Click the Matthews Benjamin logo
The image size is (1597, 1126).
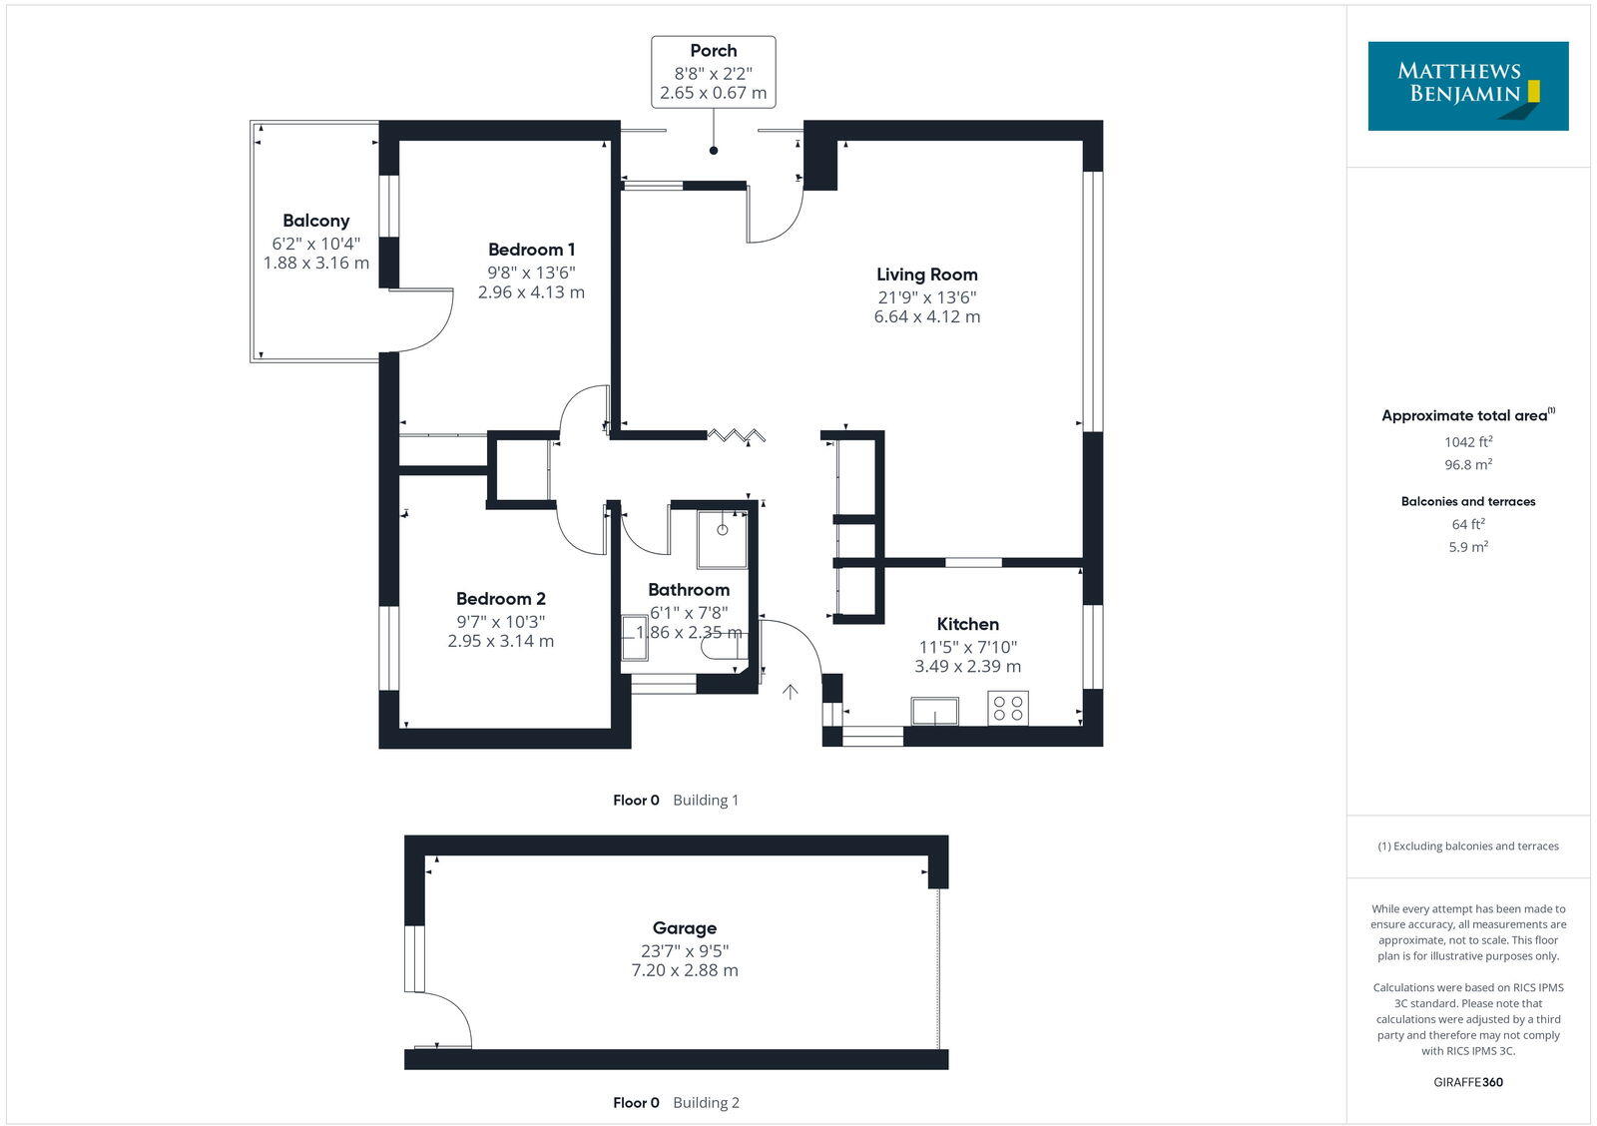1467,86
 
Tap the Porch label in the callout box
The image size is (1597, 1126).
713,51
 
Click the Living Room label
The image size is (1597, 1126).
926,275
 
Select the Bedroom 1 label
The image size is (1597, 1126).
531,250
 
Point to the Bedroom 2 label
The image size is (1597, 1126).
500,599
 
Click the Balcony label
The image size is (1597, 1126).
315,221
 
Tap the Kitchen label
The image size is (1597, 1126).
967,624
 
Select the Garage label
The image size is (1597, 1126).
684,928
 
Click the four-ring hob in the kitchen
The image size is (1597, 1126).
1008,709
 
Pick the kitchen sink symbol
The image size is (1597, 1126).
934,712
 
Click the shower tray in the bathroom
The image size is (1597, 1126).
722,539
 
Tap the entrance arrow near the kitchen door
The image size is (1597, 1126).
791,691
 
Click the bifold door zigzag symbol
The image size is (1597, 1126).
737,434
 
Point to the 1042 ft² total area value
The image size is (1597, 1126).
1467,441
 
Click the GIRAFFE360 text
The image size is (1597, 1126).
1467,1082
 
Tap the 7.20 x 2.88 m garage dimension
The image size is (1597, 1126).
684,970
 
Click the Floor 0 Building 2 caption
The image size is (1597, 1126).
676,1103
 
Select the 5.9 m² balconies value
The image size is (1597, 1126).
1467,547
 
